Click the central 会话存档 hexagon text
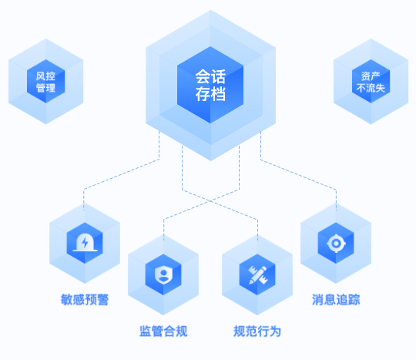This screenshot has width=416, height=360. (x=210, y=86)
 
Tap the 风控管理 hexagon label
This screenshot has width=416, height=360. (x=45, y=82)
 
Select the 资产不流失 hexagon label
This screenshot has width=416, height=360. (x=371, y=82)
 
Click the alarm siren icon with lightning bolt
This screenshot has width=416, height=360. (x=85, y=242)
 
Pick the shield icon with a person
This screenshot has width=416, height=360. (x=163, y=274)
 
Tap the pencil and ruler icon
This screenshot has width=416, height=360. (x=257, y=274)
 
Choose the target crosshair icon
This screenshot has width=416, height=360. (x=336, y=243)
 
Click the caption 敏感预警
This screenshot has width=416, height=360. (x=85, y=300)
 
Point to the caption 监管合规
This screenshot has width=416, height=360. (x=163, y=331)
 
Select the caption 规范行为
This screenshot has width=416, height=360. (x=257, y=331)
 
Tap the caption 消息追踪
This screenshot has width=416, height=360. (x=336, y=300)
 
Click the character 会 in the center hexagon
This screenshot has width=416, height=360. (x=203, y=77)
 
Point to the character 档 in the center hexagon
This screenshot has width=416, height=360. (x=218, y=94)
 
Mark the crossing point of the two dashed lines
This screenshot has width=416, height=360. (x=210, y=201)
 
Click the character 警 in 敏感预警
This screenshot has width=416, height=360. (x=102, y=300)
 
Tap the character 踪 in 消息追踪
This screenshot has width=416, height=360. (x=354, y=300)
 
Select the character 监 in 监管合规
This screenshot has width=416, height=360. (x=146, y=331)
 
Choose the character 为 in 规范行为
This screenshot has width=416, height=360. (x=275, y=331)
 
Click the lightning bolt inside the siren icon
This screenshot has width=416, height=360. (x=85, y=242)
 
